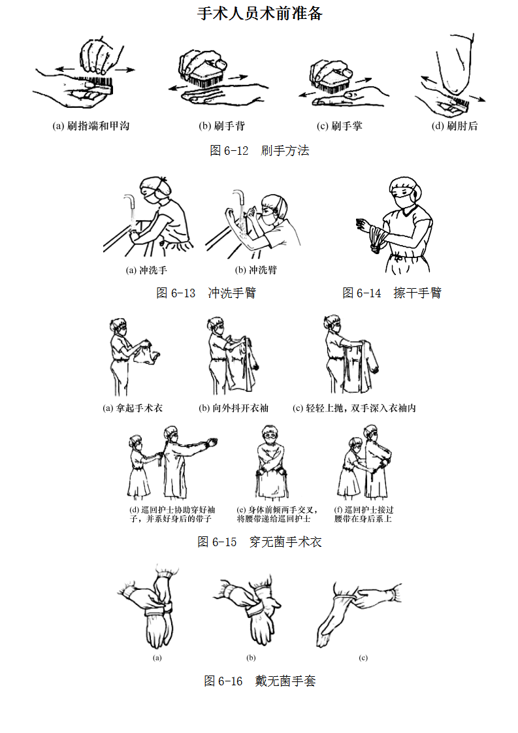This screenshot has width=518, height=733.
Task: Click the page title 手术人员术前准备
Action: click(259, 13)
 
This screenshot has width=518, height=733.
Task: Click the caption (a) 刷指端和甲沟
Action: click(91, 125)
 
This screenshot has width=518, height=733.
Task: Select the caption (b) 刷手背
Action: click(221, 125)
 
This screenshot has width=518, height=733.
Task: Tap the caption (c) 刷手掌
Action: click(340, 125)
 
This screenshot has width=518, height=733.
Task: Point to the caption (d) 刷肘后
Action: click(455, 125)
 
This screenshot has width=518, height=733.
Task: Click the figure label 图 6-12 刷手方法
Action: click(259, 150)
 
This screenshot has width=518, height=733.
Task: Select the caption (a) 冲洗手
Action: click(146, 270)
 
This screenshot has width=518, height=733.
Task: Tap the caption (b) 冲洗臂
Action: click(255, 270)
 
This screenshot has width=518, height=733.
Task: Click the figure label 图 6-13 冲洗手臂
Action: click(206, 293)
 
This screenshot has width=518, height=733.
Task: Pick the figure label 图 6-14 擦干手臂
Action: click(392, 293)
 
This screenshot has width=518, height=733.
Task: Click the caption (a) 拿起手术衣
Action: click(133, 408)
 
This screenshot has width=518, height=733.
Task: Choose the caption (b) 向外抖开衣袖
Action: click(234, 408)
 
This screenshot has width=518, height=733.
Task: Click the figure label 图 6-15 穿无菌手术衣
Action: click(259, 542)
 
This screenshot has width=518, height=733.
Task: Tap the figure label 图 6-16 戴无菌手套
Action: click(259, 681)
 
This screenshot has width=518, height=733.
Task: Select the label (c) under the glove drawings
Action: click(363, 658)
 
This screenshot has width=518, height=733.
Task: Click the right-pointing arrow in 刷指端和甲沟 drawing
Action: click(125, 70)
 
